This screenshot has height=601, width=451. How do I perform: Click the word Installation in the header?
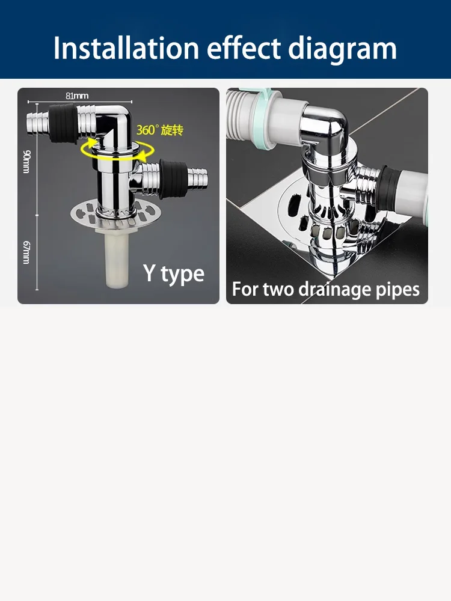(x=126, y=48)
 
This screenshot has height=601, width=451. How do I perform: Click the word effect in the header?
(x=244, y=48)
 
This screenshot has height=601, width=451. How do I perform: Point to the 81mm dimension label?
(x=77, y=96)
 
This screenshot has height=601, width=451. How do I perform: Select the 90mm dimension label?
(x=26, y=161)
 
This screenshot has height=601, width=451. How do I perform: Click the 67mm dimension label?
(x=26, y=252)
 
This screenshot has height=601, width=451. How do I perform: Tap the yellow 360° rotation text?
(x=160, y=130)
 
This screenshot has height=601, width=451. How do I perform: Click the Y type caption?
(x=174, y=273)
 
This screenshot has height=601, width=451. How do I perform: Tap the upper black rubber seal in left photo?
(x=63, y=123)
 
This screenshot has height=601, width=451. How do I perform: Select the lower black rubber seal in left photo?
(x=173, y=179)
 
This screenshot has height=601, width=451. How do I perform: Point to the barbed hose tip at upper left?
(x=37, y=123)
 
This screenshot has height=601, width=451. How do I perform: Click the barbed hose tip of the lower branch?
(x=198, y=179)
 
